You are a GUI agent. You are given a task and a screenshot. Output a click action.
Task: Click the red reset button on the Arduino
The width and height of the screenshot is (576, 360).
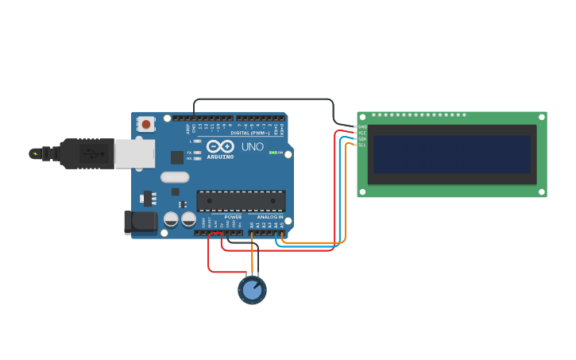coord(146,124)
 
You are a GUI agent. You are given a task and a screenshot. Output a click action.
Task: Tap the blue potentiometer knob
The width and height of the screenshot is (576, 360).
coord(252,290)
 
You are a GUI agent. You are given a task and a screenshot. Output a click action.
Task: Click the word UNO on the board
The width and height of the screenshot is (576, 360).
coord(252,147)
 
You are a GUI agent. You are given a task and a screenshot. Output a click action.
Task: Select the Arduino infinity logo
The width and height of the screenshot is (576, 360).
coord(219,146)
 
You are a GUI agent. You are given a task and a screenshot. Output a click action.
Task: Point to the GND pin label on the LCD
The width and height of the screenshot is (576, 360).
coord(362,126)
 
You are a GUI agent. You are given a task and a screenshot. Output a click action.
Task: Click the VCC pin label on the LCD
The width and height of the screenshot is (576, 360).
coord(362,133)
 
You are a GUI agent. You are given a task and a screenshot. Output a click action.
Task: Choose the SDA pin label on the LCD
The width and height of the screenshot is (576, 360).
coord(362,139)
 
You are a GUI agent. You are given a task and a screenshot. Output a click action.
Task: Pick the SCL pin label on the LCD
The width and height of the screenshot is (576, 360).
coord(362,145)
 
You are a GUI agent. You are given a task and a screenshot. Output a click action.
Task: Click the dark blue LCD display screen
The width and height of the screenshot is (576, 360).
coord(452,154)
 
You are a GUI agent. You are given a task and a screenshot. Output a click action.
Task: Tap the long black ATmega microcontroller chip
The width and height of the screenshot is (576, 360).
coord(241,202)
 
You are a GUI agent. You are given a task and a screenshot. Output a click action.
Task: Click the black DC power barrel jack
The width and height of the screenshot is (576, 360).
coord(141,222)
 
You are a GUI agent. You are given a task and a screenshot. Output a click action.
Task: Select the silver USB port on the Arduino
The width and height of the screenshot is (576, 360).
coord(134,153)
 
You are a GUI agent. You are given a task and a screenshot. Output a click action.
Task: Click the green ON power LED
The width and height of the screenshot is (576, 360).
coord(273,153)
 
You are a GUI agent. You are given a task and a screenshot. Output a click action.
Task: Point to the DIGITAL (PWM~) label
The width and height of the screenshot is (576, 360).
coord(249,133)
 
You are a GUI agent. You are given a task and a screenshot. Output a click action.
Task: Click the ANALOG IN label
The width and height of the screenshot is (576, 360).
coord(269,217)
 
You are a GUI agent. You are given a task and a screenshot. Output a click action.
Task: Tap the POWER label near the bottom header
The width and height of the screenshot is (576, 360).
coord(233,217)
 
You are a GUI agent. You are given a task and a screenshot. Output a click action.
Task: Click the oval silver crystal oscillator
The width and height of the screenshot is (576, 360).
coord(175,177)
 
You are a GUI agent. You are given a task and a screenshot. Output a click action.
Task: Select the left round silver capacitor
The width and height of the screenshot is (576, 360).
coord(171,219)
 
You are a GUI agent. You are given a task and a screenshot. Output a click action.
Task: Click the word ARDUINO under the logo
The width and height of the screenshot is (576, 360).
coord(220,157)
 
